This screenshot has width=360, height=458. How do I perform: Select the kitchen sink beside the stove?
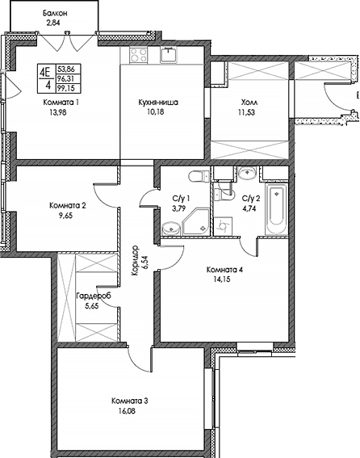pos(169,54)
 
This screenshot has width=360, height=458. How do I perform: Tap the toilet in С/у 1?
pos(195,178)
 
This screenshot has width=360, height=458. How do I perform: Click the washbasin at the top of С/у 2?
pos(249,174)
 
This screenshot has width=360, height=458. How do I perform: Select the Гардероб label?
pos(88,297)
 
